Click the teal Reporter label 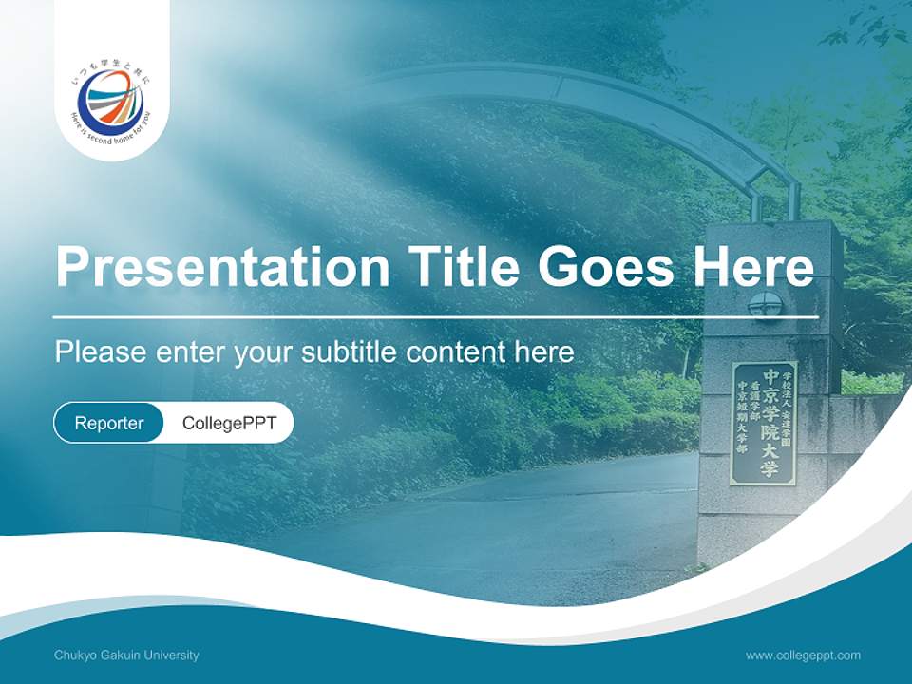(x=109, y=423)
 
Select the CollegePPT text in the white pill (x=229, y=423)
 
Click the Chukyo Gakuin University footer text (x=126, y=655)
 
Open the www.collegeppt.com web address (x=803, y=655)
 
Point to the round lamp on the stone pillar (x=764, y=305)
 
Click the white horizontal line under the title (x=436, y=316)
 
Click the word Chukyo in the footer (x=73, y=655)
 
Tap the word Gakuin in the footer (x=120, y=655)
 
